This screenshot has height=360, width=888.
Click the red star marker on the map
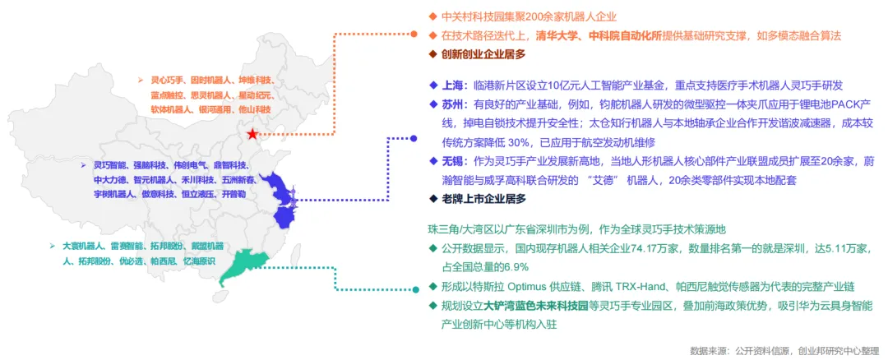(252, 134)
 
